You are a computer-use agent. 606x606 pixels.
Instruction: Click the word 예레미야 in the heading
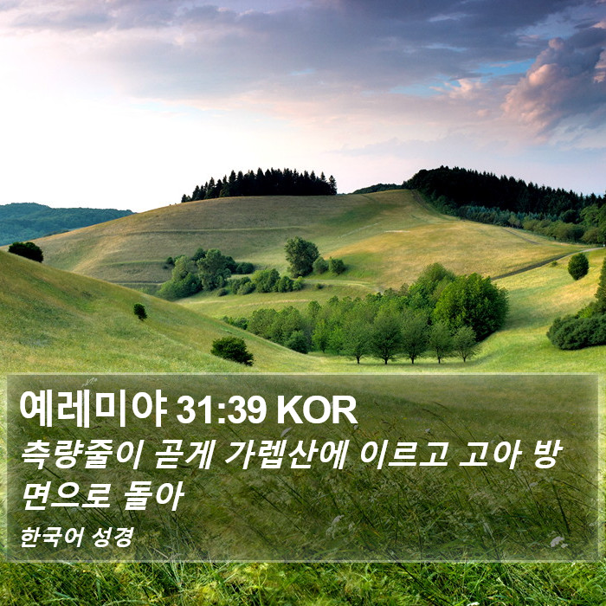pos(93,409)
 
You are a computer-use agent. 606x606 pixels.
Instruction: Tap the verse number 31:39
pos(221,411)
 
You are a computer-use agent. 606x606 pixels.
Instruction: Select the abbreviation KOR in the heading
pos(317,411)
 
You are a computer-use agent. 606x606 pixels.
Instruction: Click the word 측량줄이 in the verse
pos(81,455)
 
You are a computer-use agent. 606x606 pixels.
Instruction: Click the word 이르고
pos(403,455)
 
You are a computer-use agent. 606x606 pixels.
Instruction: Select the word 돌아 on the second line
pos(153,496)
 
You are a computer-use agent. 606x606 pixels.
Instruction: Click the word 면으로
pos(66,496)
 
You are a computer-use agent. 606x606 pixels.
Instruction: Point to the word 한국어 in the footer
pos(51,538)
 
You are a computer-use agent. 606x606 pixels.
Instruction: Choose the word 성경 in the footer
pos(113,538)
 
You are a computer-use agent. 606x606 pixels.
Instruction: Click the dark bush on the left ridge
pos(26,252)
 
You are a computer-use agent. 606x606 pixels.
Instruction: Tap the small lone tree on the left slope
pos(140,312)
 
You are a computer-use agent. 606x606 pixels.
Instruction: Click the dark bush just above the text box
pos(232,351)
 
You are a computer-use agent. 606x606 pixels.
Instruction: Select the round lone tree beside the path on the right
pos(577,267)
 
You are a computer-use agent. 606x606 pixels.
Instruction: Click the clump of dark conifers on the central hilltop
pos(260,184)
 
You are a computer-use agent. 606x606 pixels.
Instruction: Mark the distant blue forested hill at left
pos(58,222)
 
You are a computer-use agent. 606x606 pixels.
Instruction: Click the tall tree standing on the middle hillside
pos(301,256)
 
